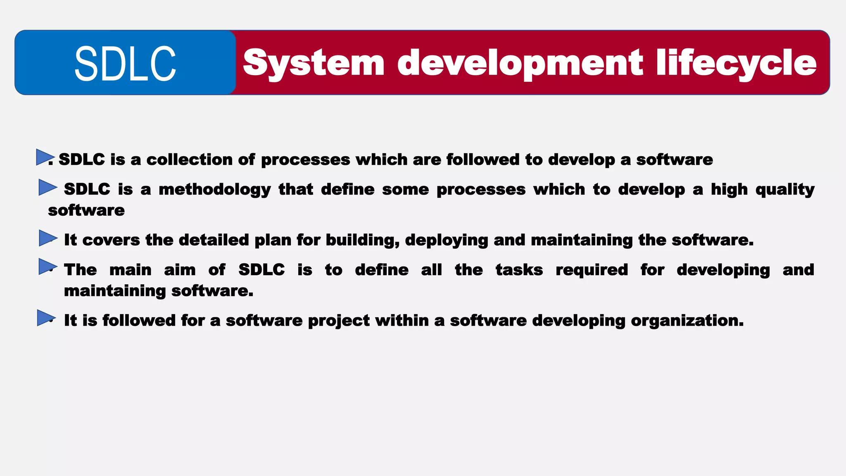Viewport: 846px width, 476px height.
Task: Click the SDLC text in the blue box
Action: pos(125,64)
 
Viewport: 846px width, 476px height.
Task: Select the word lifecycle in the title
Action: pos(736,63)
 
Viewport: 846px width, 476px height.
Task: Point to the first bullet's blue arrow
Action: pos(44,157)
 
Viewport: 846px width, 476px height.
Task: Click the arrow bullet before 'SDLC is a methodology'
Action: pos(47,187)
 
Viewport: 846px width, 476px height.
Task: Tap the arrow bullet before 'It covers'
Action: pos(47,238)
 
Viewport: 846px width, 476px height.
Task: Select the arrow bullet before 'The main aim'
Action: pos(47,267)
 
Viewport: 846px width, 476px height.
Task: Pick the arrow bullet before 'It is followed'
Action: pos(46,318)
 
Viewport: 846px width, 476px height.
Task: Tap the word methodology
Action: pos(215,190)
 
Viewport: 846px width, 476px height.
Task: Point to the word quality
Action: pos(785,190)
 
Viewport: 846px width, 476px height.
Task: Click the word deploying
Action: pos(447,240)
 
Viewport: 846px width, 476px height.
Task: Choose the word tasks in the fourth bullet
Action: pos(519,270)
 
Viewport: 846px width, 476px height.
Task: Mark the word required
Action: pos(592,270)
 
